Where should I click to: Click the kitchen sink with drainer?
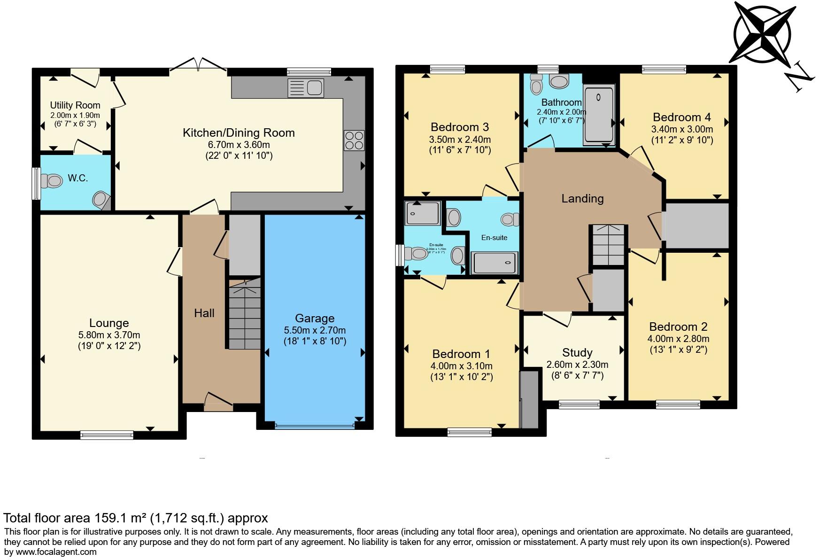click(x=306, y=88)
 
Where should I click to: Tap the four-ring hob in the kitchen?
click(x=354, y=140)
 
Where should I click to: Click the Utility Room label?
click(x=75, y=105)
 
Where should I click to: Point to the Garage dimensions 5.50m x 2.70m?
click(x=315, y=330)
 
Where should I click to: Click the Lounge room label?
click(x=109, y=323)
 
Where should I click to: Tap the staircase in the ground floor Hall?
click(x=245, y=314)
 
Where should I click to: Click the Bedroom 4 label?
click(x=682, y=117)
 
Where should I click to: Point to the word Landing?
click(x=582, y=199)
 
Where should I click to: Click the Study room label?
click(x=577, y=353)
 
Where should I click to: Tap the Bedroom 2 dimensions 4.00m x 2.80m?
click(x=679, y=339)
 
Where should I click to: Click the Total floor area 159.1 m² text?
click(x=136, y=518)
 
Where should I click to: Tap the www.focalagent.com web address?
click(x=56, y=552)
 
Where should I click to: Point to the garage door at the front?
click(x=315, y=426)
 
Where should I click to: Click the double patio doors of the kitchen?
click(x=199, y=66)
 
